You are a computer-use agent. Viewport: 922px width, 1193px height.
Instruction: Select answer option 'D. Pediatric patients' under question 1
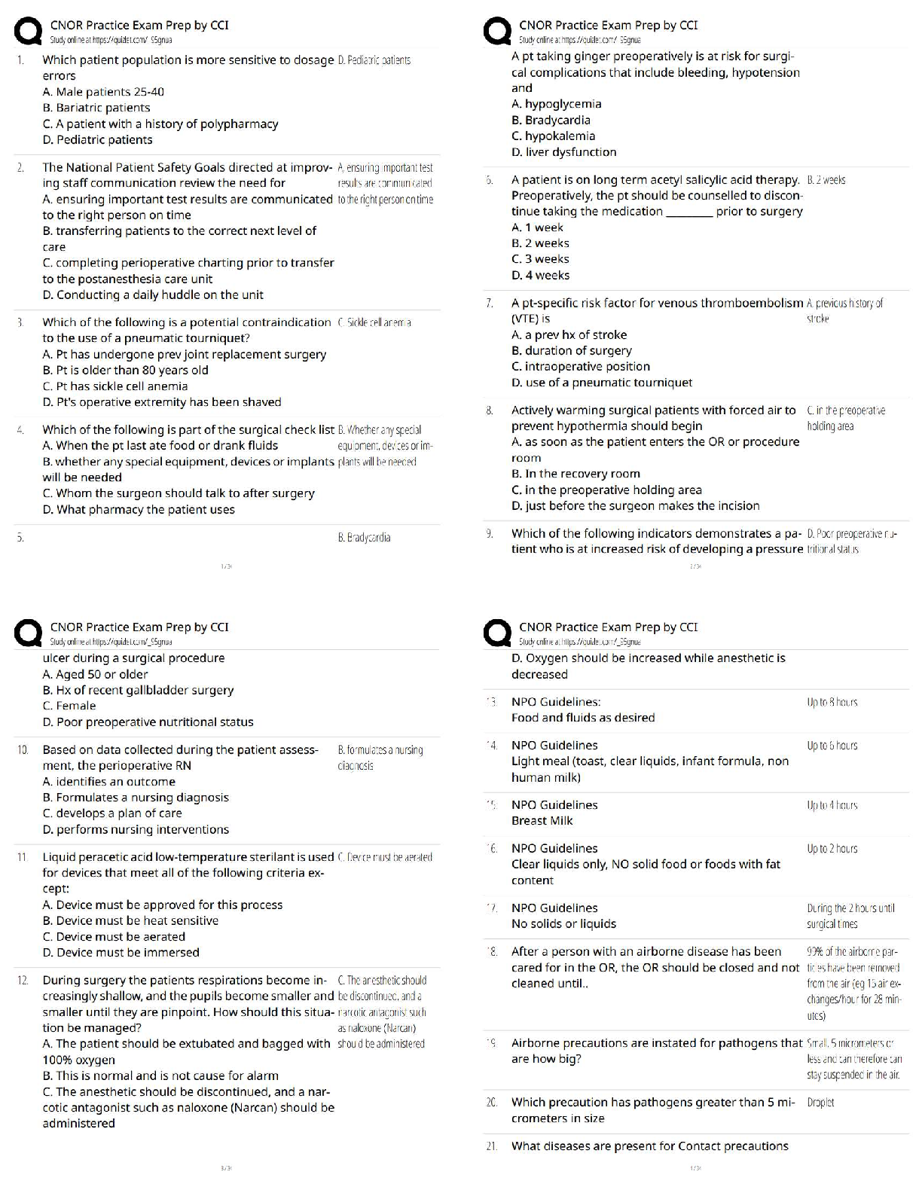(x=97, y=140)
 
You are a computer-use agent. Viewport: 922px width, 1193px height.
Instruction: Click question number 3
(x=20, y=322)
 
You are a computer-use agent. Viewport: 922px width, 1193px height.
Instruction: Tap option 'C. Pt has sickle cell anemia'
(x=115, y=386)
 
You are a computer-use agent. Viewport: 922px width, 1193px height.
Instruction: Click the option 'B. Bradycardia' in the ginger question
(x=551, y=121)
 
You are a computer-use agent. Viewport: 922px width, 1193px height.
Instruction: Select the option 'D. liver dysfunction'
(x=563, y=152)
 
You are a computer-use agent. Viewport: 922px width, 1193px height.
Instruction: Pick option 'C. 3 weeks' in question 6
(x=540, y=259)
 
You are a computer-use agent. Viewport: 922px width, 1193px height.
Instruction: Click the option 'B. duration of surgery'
(x=571, y=351)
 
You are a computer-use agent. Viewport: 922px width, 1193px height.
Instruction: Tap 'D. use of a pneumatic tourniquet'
(x=601, y=383)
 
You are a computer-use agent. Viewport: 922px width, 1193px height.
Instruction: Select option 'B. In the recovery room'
(x=575, y=474)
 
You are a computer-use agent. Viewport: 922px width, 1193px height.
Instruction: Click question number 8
(x=490, y=410)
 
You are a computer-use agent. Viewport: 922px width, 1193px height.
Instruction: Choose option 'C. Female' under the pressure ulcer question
(x=69, y=706)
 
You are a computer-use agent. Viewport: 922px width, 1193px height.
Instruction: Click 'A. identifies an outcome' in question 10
(x=108, y=782)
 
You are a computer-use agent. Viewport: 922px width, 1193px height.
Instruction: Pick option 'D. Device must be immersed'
(x=121, y=953)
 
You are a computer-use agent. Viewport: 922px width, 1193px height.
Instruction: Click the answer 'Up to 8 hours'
(x=832, y=703)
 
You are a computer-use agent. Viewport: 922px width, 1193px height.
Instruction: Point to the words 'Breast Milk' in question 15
(x=542, y=821)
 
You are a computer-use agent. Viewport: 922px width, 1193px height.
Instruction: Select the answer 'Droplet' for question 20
(x=820, y=1103)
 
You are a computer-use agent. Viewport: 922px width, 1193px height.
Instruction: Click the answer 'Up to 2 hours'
(x=832, y=849)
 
